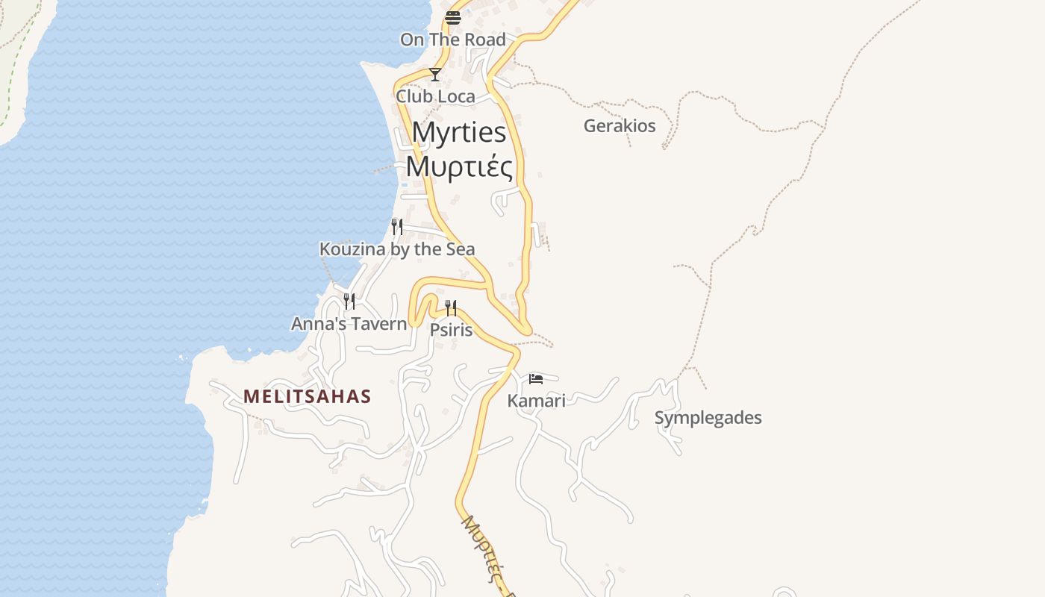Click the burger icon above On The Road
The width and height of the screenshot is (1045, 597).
tap(453, 18)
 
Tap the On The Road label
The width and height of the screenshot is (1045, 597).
tap(453, 40)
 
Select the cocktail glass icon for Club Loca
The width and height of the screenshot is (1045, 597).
tap(435, 75)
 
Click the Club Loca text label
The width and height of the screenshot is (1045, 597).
tap(435, 96)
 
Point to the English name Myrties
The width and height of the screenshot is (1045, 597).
tap(459, 133)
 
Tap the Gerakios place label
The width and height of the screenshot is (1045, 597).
tap(620, 125)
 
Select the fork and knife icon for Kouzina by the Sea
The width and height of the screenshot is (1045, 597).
tap(397, 226)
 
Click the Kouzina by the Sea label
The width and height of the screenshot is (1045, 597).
tap(397, 249)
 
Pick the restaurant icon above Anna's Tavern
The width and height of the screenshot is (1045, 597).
tap(349, 301)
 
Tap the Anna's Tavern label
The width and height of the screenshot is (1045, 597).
tap(349, 324)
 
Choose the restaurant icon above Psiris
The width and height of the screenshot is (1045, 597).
tap(451, 307)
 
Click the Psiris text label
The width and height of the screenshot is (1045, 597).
tap(452, 329)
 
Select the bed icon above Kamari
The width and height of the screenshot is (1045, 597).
tap(536, 379)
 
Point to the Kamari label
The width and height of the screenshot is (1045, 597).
tap(536, 401)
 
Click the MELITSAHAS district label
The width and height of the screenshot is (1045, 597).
tap(307, 396)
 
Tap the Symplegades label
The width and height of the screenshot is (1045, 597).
tap(708, 418)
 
